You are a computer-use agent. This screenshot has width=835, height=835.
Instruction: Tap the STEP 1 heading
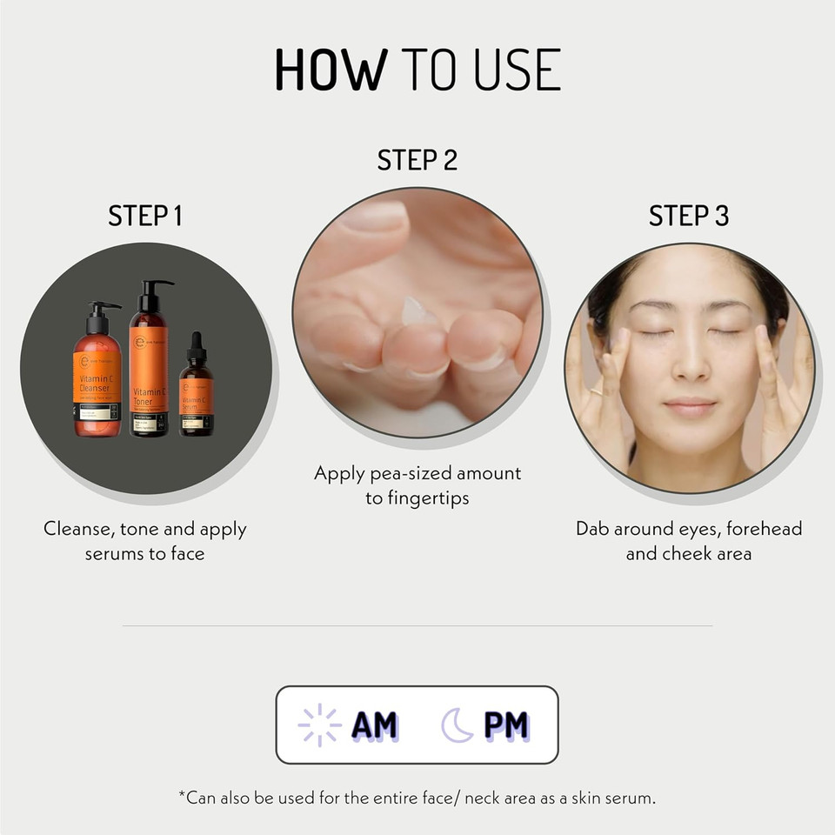coord(145,216)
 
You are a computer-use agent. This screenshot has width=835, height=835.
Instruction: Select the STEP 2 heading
coord(417,160)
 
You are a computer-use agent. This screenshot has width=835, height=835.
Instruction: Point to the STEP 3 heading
coord(689,216)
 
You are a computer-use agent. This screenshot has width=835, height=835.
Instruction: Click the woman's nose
coord(691,365)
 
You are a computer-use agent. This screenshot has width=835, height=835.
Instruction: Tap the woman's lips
coord(690,406)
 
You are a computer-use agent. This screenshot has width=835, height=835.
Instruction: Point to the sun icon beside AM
coord(318,725)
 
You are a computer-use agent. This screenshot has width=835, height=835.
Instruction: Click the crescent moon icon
coord(457,725)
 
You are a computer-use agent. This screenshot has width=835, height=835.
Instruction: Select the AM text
coord(374,725)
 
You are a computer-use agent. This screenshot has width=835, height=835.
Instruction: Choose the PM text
coord(506,725)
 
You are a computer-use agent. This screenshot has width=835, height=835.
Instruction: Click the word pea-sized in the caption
coord(397,473)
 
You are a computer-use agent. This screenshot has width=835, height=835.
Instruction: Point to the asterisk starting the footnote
coord(181,795)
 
